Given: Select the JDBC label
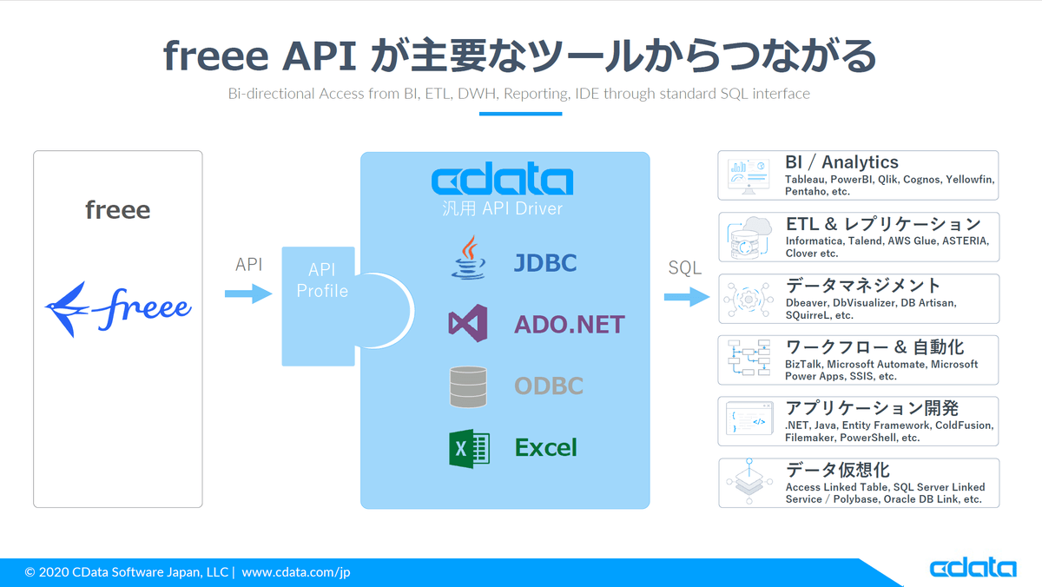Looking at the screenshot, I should click(545, 263).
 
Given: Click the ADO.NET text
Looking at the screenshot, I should click(569, 325).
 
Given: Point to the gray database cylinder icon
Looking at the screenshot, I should click(468, 386).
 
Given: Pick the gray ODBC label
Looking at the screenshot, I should click(549, 386).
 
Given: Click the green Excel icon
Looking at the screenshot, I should click(469, 448).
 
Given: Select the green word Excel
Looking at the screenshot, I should click(546, 448).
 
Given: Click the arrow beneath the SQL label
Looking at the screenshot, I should click(686, 297).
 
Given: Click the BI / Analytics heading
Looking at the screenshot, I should click(841, 162).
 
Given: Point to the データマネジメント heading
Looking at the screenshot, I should click(862, 286).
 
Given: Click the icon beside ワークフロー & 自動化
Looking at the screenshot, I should click(749, 359).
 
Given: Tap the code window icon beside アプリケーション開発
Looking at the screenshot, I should click(749, 420).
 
